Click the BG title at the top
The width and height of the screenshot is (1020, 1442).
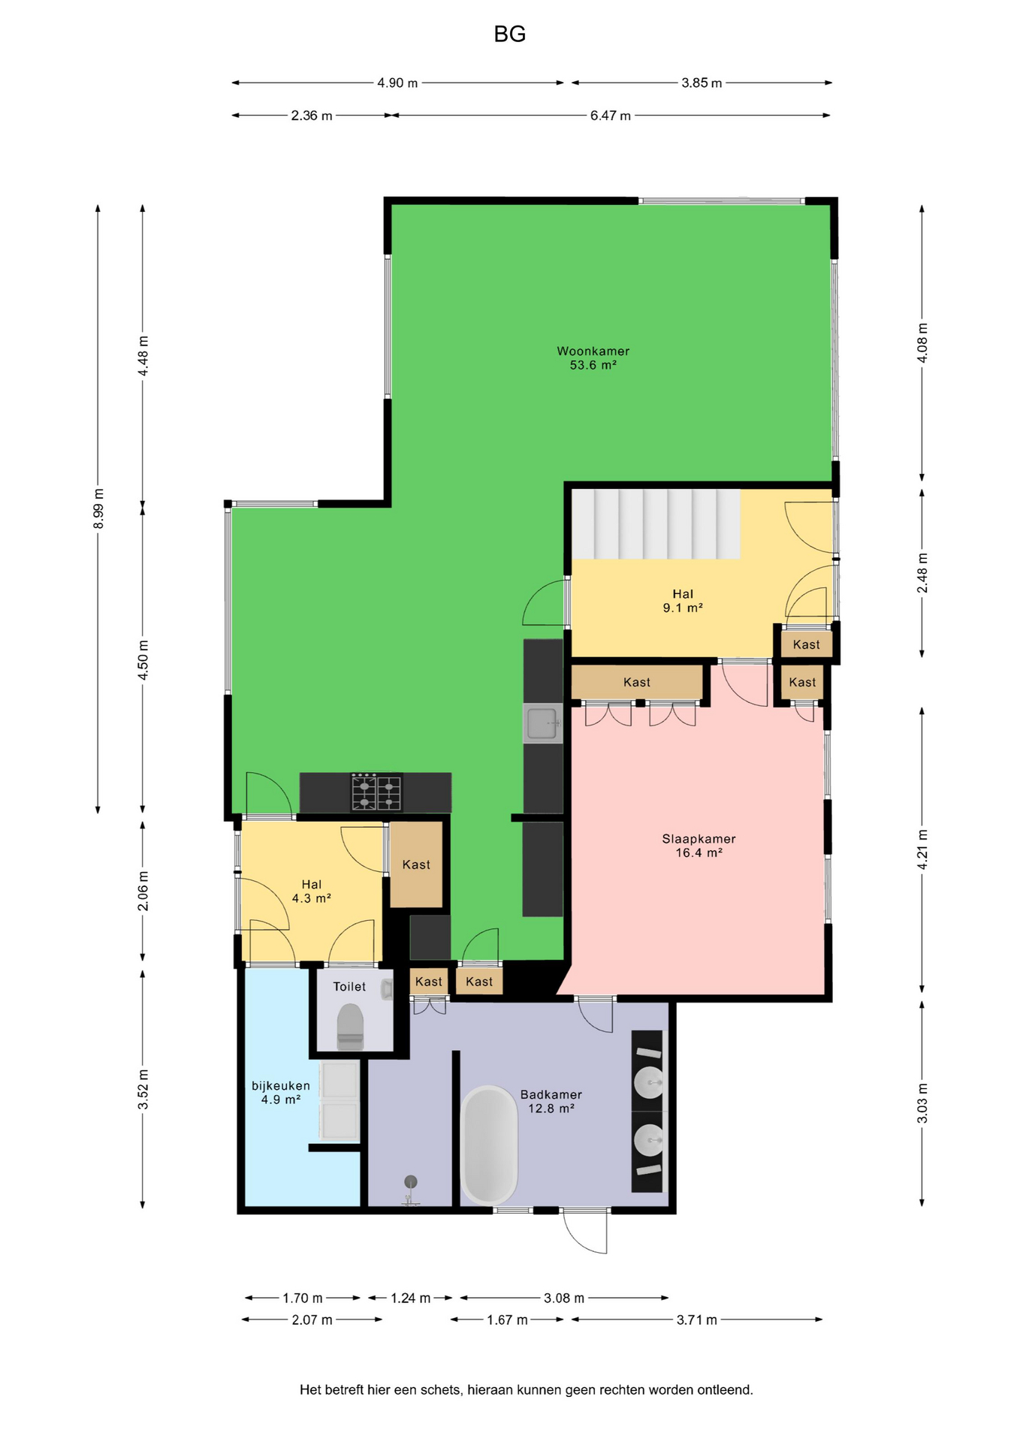coord(509,35)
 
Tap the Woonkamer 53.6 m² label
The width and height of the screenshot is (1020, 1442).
coord(593,358)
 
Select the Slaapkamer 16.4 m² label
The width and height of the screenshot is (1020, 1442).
coord(699,846)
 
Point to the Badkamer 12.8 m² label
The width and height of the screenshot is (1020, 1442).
coord(551,1102)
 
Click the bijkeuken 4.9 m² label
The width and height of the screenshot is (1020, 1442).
coord(280,1093)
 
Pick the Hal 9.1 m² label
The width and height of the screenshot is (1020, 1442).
coord(683,601)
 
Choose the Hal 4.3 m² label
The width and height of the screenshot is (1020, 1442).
coord(311,891)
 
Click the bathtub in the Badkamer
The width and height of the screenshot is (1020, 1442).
coord(489,1145)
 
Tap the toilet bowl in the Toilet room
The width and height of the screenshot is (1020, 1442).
coord(350,1027)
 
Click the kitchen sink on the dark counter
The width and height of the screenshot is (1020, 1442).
coord(543,723)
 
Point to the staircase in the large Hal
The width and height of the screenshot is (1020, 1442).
coord(656,524)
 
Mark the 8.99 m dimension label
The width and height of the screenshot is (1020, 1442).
coord(98,508)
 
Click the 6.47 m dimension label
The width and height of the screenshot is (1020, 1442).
coord(610,116)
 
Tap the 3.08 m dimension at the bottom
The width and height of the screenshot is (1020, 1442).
coord(564,1298)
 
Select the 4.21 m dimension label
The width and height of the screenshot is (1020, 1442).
coord(922,849)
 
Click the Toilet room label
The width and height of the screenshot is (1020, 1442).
coord(349,987)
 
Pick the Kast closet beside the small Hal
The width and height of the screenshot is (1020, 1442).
coord(416,864)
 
